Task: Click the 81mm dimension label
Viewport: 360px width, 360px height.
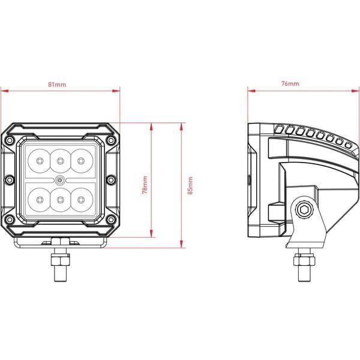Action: pyautogui.click(x=57, y=85)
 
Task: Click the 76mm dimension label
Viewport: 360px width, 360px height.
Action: pyautogui.click(x=290, y=83)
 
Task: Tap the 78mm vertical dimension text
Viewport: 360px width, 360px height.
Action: pyautogui.click(x=145, y=185)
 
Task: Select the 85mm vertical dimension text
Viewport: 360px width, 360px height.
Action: pyautogui.click(x=190, y=185)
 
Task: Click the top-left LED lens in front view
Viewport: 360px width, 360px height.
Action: pyautogui.click(x=39, y=161)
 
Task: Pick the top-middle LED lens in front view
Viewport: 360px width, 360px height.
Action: pyautogui.click(x=60, y=161)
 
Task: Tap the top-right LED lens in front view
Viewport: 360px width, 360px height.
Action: pyautogui.click(x=81, y=161)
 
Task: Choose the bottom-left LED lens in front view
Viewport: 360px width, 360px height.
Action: pyautogui.click(x=39, y=200)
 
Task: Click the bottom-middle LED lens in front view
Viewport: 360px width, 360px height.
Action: pyautogui.click(x=60, y=200)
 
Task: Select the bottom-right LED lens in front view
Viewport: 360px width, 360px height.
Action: pyautogui.click(x=81, y=200)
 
